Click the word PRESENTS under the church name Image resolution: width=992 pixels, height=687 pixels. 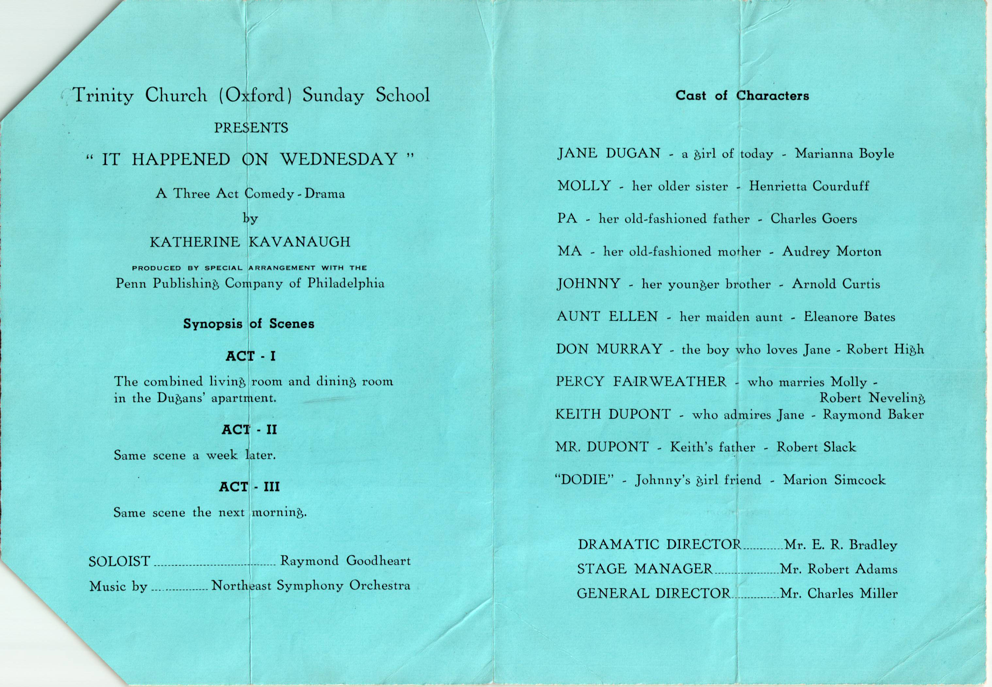[x=251, y=128]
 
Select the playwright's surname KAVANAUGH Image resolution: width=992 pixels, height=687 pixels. [x=300, y=242]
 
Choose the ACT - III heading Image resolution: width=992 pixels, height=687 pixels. [x=250, y=487]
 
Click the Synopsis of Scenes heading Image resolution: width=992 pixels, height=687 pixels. [x=249, y=324]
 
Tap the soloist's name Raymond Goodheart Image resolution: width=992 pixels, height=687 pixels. [x=345, y=561]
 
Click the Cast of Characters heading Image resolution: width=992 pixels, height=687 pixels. [x=742, y=95]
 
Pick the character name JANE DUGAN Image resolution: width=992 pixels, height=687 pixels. [x=609, y=154]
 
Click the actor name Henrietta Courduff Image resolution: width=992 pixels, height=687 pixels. [x=809, y=186]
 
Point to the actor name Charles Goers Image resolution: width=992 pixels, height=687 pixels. [x=814, y=219]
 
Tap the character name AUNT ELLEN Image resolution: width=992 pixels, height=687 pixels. [x=607, y=317]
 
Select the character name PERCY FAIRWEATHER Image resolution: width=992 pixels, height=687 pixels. [x=641, y=382]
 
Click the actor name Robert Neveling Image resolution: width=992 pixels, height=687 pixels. [x=871, y=398]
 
